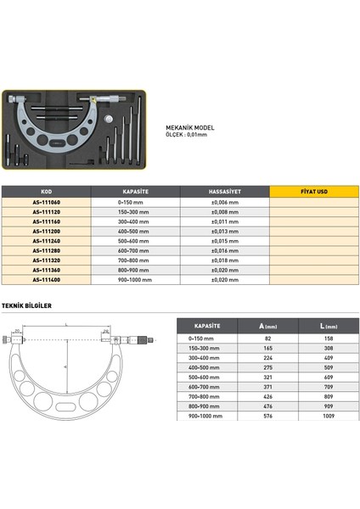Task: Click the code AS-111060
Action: pos(46,204)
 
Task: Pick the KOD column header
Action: pos(46,192)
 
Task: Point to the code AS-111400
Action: pos(46,279)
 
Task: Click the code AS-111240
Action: pos(46,241)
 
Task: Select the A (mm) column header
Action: pos(267,326)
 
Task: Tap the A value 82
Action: pos(267,338)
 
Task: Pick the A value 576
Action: pos(267,417)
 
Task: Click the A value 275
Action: pos(267,368)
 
